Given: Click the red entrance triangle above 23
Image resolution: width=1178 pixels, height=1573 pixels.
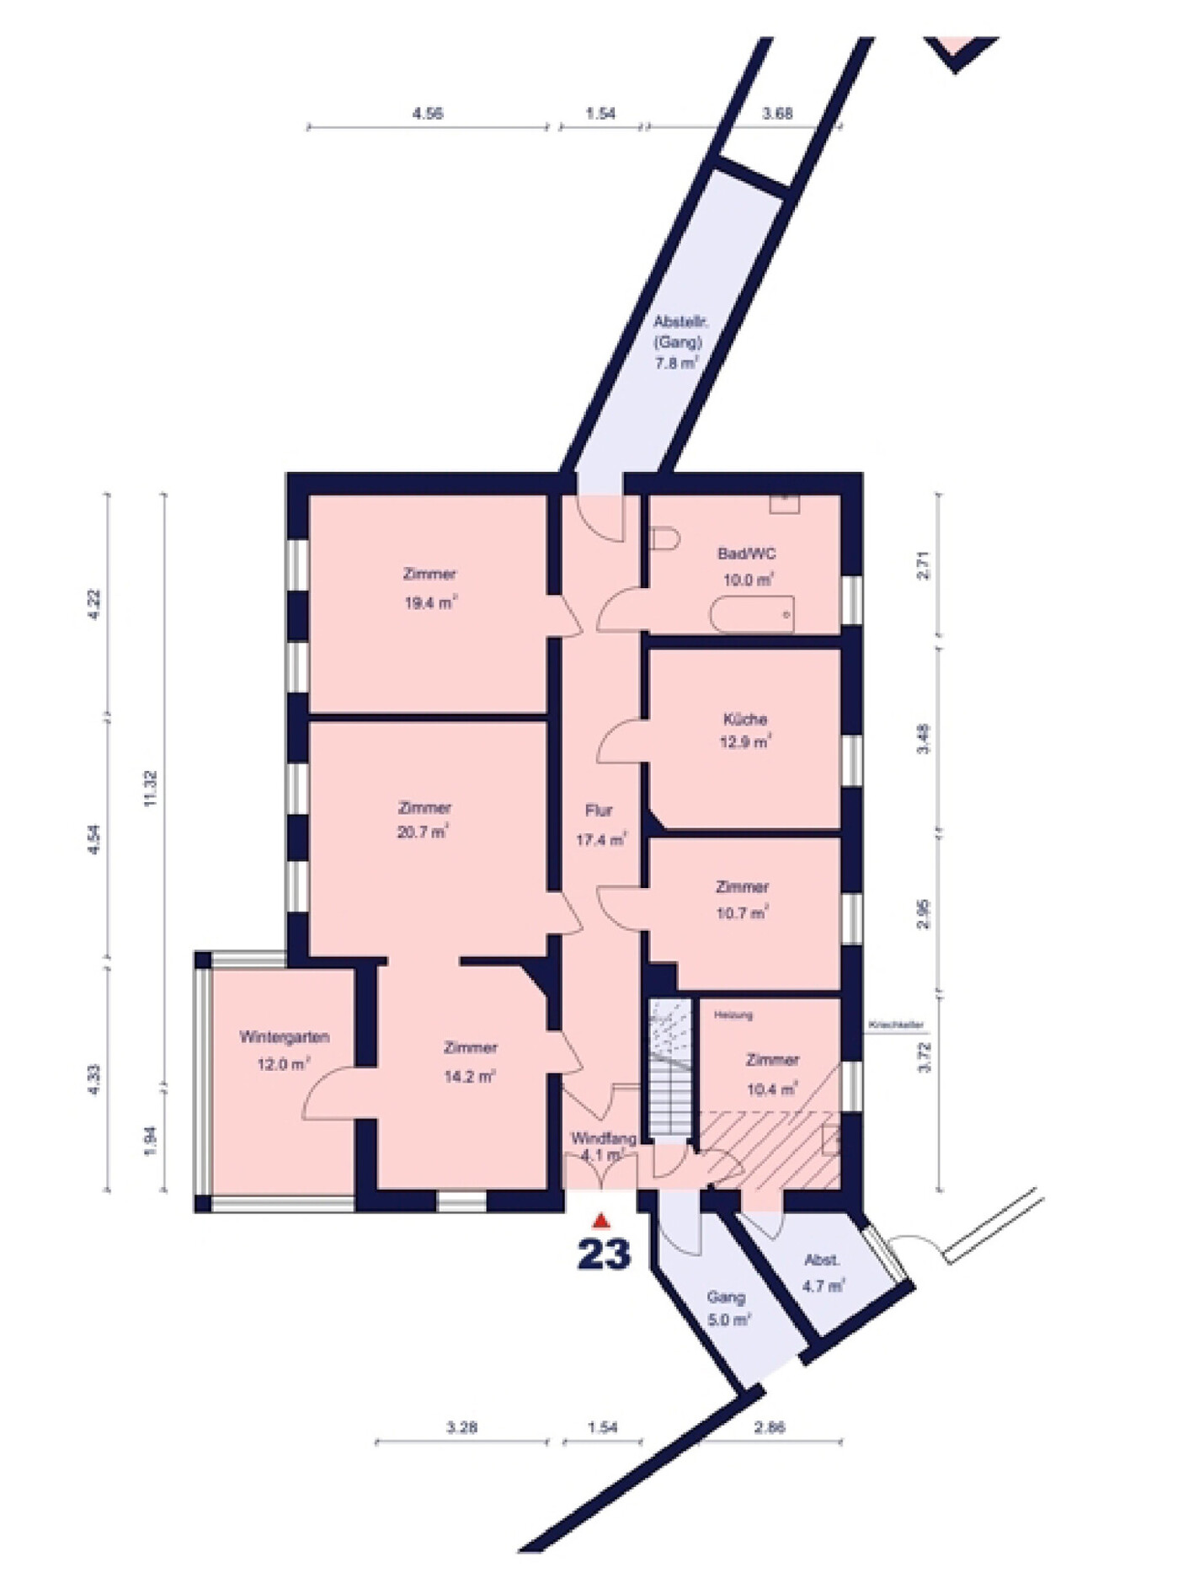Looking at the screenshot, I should [x=600, y=1221].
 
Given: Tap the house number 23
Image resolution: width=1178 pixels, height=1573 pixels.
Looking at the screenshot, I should [x=604, y=1255].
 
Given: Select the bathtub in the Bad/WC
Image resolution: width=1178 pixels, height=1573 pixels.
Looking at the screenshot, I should [x=752, y=614].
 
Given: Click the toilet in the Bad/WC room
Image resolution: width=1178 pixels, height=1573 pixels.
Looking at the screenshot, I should [x=664, y=538].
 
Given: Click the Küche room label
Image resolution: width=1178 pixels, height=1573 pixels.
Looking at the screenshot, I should [x=745, y=720].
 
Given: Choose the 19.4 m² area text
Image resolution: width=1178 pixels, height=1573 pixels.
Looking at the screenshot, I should [x=430, y=603].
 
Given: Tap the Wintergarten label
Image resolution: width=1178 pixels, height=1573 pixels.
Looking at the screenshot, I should [x=284, y=1037].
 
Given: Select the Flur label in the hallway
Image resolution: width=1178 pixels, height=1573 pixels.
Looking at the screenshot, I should [x=599, y=811].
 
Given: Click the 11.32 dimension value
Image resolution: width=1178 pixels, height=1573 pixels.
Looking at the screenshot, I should [x=151, y=789].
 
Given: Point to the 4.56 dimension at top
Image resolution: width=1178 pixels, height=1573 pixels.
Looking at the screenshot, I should [x=428, y=114].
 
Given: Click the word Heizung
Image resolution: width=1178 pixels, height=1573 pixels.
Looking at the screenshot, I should [x=733, y=1015].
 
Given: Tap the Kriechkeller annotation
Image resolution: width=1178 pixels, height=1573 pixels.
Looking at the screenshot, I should [x=896, y=1025].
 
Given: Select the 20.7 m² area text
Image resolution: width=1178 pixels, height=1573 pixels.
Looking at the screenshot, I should [x=424, y=832].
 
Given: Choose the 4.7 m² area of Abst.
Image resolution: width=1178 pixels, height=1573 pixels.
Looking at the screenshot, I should [x=823, y=1287].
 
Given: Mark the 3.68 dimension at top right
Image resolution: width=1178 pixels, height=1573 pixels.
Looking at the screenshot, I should [x=776, y=114].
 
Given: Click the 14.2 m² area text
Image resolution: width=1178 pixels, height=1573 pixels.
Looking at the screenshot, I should [x=470, y=1077].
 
